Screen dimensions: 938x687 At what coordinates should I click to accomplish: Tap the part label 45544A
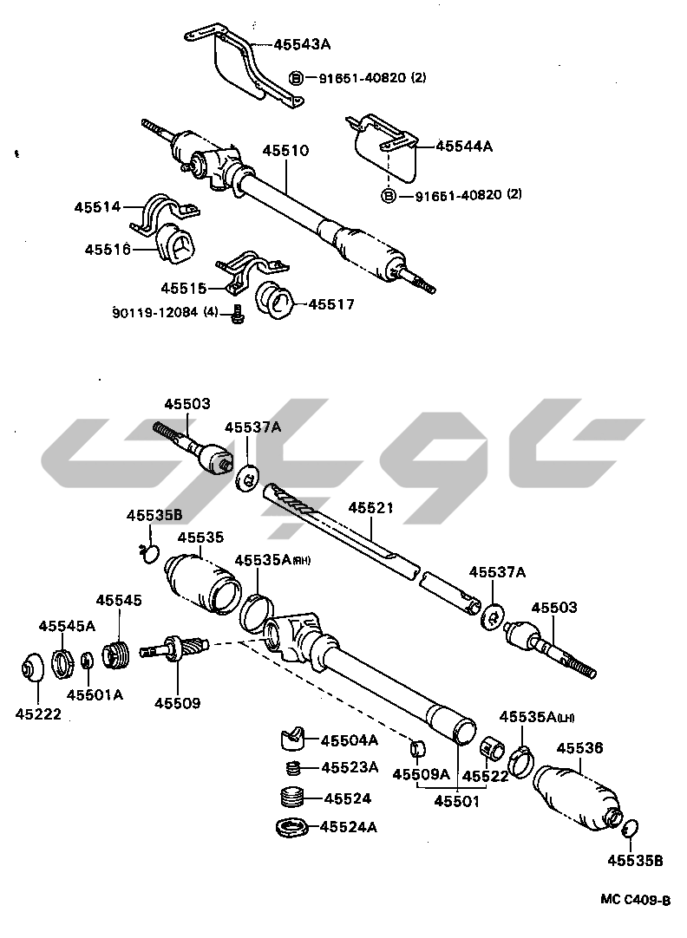pyautogui.click(x=463, y=147)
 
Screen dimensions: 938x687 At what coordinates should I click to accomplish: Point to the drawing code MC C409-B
pyautogui.click(x=636, y=899)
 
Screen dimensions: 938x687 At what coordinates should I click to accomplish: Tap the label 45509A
pyautogui.click(x=421, y=774)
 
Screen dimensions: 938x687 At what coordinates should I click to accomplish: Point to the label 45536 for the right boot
pyautogui.click(x=579, y=747)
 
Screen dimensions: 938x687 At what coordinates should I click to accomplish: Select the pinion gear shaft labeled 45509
pyautogui.click(x=178, y=648)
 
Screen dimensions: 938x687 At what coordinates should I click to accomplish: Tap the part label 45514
pyautogui.click(x=96, y=207)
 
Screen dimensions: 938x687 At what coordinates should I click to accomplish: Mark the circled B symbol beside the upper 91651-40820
pyautogui.click(x=295, y=78)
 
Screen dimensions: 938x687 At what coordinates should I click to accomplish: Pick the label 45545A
pyautogui.click(x=67, y=625)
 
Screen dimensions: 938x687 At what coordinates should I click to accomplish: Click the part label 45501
pyautogui.click(x=457, y=803)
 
